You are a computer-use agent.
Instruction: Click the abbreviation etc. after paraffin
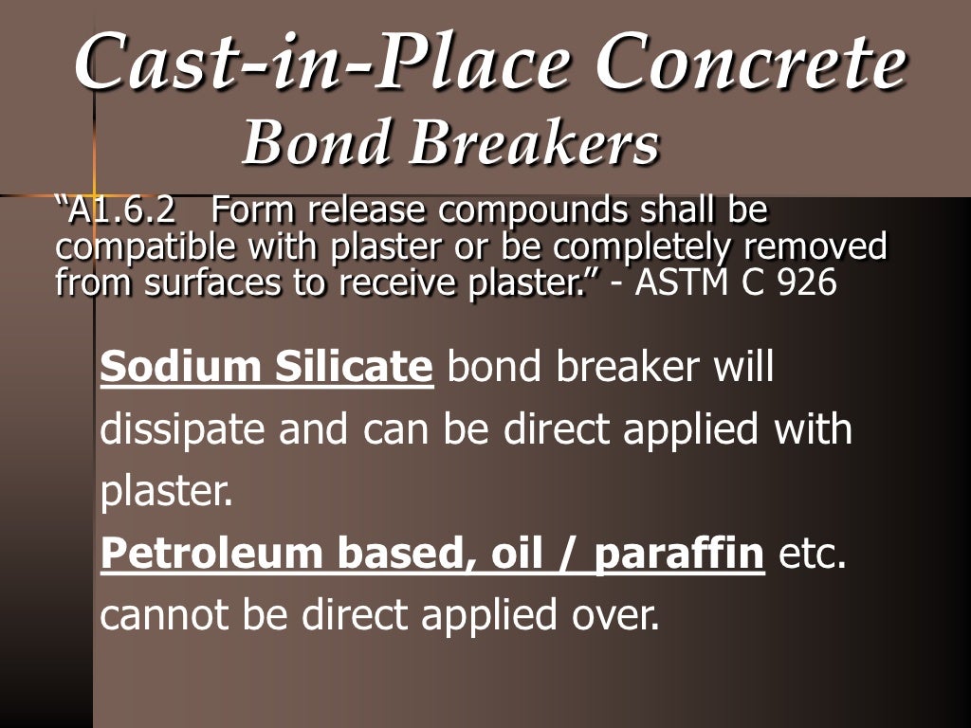point(811,555)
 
